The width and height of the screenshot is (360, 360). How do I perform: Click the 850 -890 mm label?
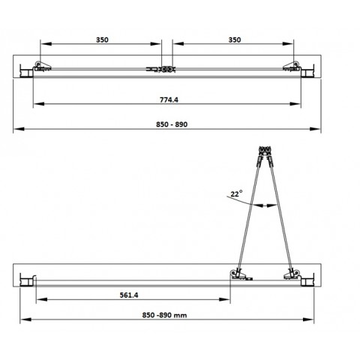click(164, 316)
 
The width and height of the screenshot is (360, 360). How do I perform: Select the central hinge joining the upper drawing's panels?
click(163, 69)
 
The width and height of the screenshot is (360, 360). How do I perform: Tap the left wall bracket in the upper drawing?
click(34, 70)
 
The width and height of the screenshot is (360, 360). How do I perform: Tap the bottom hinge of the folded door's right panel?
click(290, 275)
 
